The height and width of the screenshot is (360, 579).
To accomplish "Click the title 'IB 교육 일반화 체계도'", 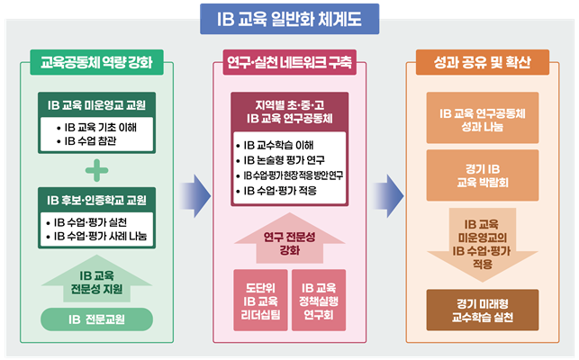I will [x=290, y=17].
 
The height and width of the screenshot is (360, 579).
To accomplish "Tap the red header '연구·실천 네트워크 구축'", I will [x=289, y=64].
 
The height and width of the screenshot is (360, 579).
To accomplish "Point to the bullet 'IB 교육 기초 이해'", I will [x=99, y=127].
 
